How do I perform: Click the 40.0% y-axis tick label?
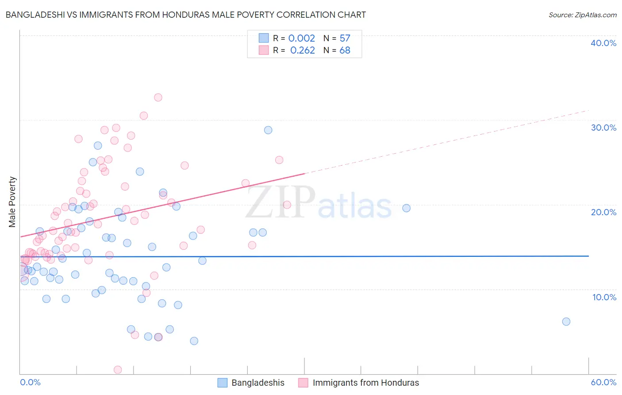pos(603,43)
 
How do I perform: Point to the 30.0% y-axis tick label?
pos(603,128)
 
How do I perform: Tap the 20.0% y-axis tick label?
pos(603,212)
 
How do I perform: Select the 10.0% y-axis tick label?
pos(604,297)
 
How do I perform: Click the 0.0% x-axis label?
pos(30,382)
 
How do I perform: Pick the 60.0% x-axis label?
pos(603,382)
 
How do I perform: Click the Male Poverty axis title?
pos(12,202)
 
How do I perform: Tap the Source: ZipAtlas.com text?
pos(582,15)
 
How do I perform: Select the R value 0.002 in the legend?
pos(302,38)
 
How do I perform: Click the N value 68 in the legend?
pos(345,50)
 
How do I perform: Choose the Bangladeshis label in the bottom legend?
pos(258,383)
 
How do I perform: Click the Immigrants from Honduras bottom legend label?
pos(366,383)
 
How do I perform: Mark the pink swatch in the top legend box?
pos(264,50)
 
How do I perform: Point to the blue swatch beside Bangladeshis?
pos(223,383)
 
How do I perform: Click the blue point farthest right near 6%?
pos(566,321)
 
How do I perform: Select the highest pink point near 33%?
pos(158,97)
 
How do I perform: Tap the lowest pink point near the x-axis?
pos(118,369)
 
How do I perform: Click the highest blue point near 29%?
pos(268,130)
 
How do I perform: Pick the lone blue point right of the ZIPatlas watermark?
pos(406,208)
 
